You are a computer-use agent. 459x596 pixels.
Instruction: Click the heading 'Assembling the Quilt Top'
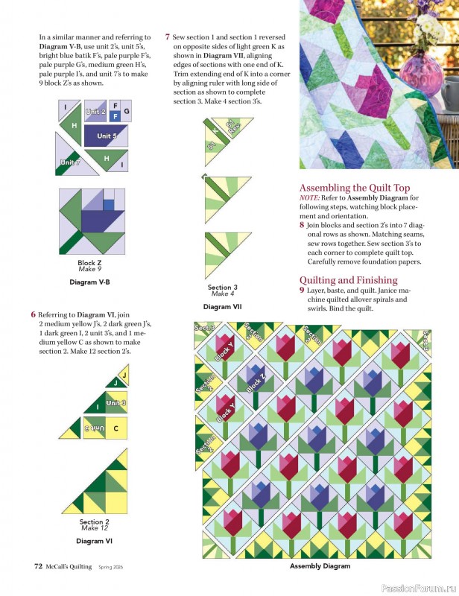click(x=355, y=188)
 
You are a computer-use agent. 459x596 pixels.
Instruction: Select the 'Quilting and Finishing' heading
click(x=348, y=279)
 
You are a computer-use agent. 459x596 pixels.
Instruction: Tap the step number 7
click(x=168, y=36)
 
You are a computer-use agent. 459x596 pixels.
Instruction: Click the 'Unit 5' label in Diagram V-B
click(x=107, y=136)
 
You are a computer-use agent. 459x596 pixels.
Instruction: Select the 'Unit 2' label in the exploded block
click(x=95, y=112)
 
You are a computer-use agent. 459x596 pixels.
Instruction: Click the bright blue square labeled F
click(x=115, y=117)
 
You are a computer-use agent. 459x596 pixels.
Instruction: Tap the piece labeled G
click(x=127, y=112)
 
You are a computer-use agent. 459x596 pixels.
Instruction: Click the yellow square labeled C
click(x=115, y=428)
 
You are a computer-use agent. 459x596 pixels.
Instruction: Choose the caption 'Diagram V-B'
click(x=89, y=282)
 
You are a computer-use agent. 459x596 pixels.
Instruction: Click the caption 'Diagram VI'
click(x=94, y=540)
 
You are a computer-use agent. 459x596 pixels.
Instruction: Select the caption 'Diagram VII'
click(x=223, y=306)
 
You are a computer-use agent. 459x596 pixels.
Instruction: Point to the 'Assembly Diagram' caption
click(x=320, y=566)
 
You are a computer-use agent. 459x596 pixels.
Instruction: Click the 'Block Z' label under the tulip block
click(x=89, y=263)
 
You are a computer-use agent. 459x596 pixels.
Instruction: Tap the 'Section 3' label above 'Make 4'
click(x=223, y=288)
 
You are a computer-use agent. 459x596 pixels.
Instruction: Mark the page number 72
click(x=38, y=566)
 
